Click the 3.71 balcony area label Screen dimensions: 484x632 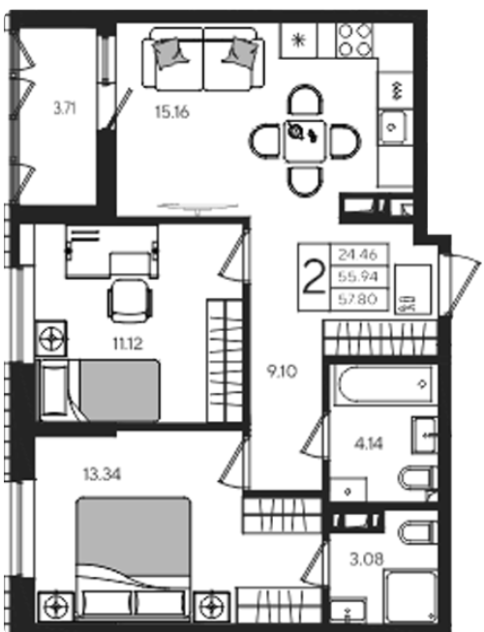pos(65,108)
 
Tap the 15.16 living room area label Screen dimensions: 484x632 pos(172,112)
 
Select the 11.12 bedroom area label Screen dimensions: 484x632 pos(128,345)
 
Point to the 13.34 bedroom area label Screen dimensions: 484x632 pos(102,474)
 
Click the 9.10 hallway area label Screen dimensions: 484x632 pos(283,372)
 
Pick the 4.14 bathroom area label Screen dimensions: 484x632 pos(369,444)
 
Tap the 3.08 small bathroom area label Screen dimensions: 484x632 pos(367,559)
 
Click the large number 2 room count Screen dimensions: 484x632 pos(315,277)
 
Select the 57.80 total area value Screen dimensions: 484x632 pos(358,299)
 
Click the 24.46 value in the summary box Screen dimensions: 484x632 pos(358,255)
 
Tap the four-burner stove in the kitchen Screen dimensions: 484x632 pos(354,41)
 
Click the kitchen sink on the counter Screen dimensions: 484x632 pos(392,128)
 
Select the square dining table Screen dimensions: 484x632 pos(305,141)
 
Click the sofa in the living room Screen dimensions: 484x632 pos(203,59)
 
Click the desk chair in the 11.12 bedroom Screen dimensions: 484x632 pos(130,300)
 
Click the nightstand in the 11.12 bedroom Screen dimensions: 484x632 pos(51,338)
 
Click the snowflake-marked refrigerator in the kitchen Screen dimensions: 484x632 pos(299,41)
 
